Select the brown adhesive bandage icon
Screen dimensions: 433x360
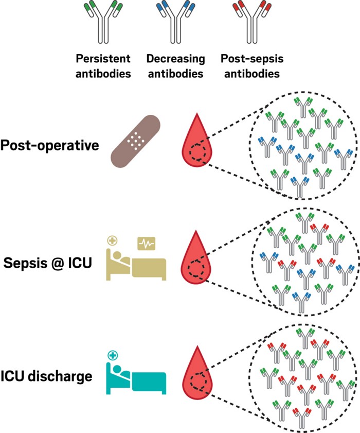pyautogui.click(x=136, y=139)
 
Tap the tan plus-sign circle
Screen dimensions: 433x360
pyautogui.click(x=112, y=240)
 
